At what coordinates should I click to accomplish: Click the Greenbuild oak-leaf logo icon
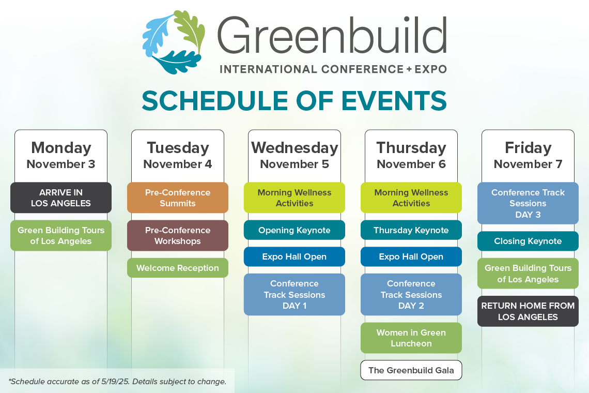click(174, 42)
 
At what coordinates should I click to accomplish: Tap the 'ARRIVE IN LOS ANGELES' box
click(61, 198)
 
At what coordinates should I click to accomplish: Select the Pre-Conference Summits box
click(178, 198)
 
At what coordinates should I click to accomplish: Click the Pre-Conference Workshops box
click(178, 235)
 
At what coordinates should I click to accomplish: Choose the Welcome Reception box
click(178, 268)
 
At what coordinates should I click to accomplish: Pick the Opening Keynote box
click(295, 230)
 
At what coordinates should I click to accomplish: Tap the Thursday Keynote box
click(411, 230)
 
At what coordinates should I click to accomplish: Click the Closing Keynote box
click(528, 241)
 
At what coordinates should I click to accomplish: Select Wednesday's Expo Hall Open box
click(295, 256)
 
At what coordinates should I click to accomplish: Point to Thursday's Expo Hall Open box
click(411, 256)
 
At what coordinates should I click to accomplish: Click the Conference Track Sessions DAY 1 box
click(295, 294)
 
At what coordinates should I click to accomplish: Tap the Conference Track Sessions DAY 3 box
click(528, 203)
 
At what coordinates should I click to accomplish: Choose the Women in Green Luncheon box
click(411, 338)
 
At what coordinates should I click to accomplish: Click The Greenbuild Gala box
click(411, 370)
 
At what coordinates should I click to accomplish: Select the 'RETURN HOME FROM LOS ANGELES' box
click(528, 311)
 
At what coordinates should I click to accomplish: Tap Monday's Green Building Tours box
click(61, 235)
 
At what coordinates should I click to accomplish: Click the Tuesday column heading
click(178, 148)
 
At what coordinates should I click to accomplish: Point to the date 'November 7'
click(528, 164)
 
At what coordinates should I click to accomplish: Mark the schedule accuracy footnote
click(117, 381)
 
